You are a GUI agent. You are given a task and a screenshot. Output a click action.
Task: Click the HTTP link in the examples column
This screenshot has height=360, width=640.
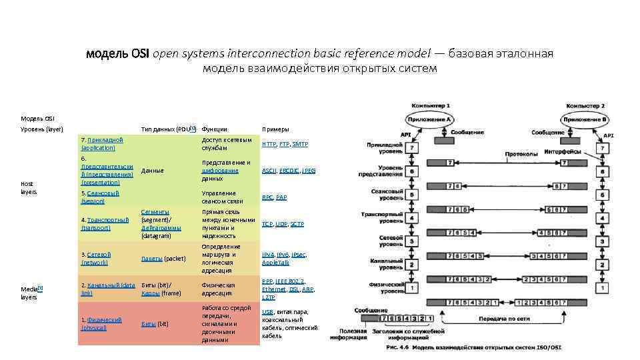point(269,144)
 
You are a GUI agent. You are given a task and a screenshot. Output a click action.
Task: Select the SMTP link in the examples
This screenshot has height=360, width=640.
point(300,144)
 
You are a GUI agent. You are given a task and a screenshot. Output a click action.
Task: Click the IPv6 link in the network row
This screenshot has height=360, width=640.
point(283,255)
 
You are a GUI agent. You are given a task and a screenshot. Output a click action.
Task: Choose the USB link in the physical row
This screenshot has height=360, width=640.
point(267,312)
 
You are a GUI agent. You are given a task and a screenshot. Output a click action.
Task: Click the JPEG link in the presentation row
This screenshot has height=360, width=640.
point(309,171)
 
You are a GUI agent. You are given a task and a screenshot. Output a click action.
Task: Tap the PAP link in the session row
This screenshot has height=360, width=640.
point(281,197)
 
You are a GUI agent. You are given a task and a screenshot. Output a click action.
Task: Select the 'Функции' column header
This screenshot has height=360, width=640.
point(214,129)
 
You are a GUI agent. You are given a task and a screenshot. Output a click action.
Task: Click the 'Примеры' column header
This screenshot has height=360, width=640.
point(275,129)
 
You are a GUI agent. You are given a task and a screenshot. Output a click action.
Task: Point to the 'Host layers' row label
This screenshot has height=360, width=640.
point(29,187)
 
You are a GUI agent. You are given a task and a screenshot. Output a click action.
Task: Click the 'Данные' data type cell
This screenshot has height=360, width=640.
point(153,171)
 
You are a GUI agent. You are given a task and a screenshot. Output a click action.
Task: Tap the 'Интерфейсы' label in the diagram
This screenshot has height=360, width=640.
point(563,152)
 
